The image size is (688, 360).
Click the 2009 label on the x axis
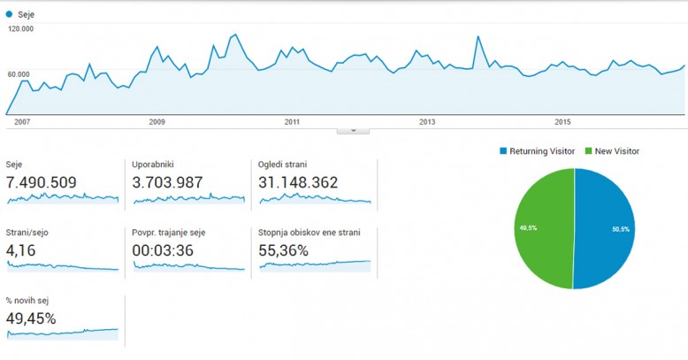[x=157, y=122]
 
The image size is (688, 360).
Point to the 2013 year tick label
[x=427, y=122]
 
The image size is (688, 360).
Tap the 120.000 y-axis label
[x=20, y=29]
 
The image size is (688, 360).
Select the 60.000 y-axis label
[x=19, y=74]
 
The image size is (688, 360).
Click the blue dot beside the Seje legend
[x=9, y=14]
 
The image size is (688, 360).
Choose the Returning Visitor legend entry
[x=541, y=151]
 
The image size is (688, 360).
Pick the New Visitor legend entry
[x=616, y=151]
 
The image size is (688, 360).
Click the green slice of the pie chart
[x=541, y=228]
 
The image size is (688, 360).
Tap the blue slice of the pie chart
[x=607, y=228]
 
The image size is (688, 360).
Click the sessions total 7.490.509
[x=42, y=183]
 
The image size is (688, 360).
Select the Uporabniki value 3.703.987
[x=167, y=183]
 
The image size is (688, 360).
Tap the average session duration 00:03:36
[x=158, y=250]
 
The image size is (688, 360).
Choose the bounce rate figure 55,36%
[x=283, y=250]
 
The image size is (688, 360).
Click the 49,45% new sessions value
[x=31, y=318]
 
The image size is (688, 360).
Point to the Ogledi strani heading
[x=283, y=165]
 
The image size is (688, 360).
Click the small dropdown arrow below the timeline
[x=353, y=130]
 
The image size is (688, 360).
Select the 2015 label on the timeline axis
[x=562, y=122]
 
